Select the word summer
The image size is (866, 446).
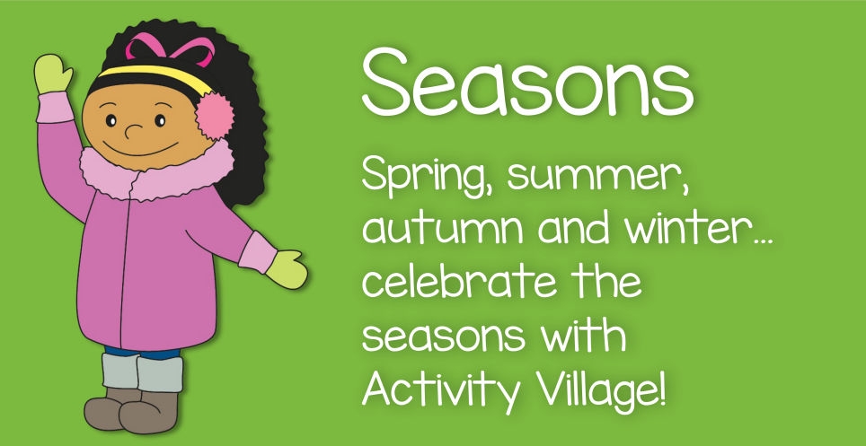(x=597, y=176)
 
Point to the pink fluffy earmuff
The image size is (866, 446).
(x=214, y=116)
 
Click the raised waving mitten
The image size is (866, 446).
(x=52, y=74)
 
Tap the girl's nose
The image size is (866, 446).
(x=133, y=131)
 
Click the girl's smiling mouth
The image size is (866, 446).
(x=141, y=149)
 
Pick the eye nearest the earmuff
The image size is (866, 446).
(x=160, y=120)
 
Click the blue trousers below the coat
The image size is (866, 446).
(x=143, y=352)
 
